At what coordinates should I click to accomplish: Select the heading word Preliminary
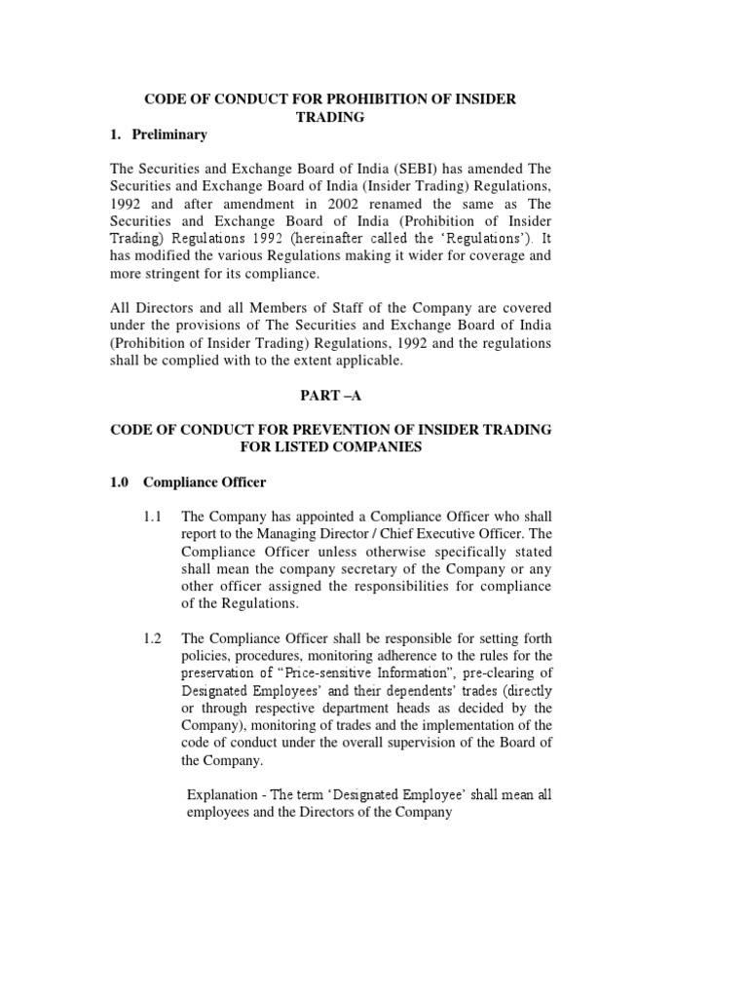point(171,134)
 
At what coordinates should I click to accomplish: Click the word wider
point(444,257)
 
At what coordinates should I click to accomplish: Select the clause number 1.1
point(152,516)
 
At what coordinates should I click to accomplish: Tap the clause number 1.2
point(152,638)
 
